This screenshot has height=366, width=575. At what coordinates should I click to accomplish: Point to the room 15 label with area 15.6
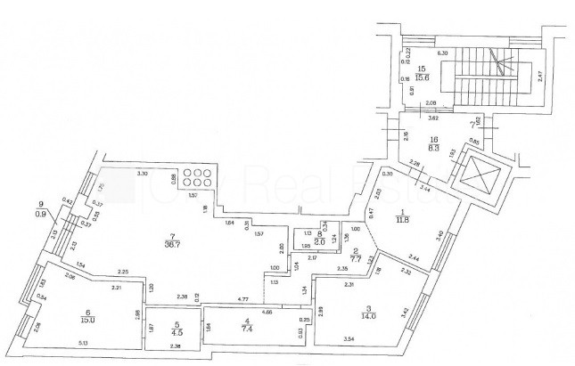click(423, 75)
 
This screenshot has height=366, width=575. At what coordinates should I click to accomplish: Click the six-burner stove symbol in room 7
click(195, 179)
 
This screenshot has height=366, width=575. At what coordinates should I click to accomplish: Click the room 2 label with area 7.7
click(355, 254)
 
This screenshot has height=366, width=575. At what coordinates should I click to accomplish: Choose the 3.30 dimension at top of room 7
click(141, 174)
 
